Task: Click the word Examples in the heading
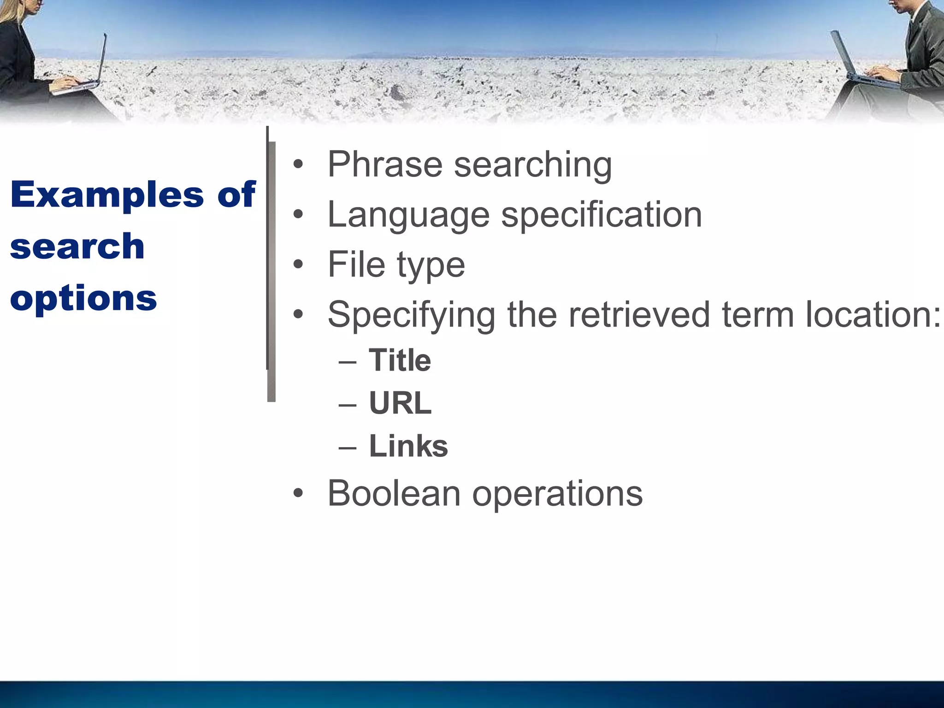107,195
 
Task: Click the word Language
408,215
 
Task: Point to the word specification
602,215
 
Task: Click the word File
356,264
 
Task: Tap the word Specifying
411,315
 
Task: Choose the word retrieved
639,314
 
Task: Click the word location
873,314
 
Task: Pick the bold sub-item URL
400,403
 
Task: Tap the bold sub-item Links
408,446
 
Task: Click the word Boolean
394,493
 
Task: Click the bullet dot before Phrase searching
299,165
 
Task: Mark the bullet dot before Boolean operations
299,493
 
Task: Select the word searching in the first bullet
533,165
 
